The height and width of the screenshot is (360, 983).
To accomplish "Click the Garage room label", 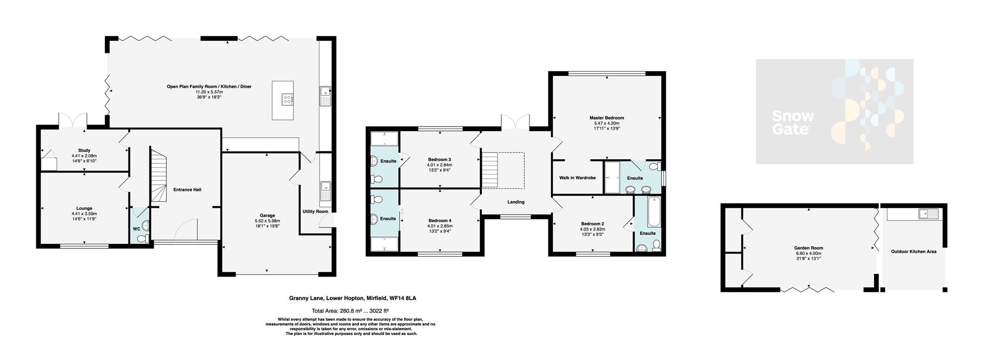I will [x=267, y=215].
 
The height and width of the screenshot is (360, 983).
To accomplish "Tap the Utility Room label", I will [x=315, y=211].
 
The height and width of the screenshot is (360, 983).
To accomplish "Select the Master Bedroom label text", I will [x=607, y=118].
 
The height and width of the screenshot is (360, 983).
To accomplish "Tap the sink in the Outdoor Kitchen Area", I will [x=927, y=214].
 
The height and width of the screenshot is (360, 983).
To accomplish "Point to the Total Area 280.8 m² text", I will [x=350, y=311].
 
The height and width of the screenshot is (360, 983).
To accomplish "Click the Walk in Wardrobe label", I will [x=577, y=178].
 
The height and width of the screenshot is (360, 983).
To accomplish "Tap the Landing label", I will [x=516, y=202].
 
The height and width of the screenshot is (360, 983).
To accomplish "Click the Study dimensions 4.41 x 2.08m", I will [x=84, y=156].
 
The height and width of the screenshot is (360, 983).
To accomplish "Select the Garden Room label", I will [x=809, y=248].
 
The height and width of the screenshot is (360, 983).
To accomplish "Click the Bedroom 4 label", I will [x=439, y=220].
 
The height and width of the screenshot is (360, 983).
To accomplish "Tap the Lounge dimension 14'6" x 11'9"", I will [x=84, y=219].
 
